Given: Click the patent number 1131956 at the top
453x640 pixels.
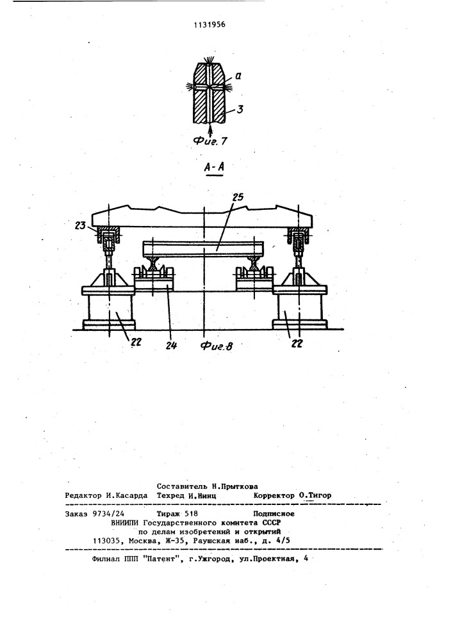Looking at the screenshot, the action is (210, 24).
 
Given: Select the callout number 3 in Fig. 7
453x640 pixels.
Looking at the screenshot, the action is (240, 109).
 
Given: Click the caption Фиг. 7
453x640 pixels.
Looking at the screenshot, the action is (210, 141).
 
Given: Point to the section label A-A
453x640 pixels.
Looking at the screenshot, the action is (215, 166).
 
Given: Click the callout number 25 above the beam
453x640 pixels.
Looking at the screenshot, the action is (237, 198).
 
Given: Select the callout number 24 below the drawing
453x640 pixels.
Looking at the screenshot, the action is (172, 345).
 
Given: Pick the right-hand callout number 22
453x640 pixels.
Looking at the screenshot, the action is (297, 344).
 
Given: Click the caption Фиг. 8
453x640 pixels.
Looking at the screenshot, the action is (217, 346).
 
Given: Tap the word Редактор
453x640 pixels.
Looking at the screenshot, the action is (83, 495).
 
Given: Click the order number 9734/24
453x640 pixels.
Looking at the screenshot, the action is (109, 514).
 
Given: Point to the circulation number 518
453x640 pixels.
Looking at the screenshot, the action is (191, 514).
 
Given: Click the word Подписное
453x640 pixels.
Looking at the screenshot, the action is (274, 514).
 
